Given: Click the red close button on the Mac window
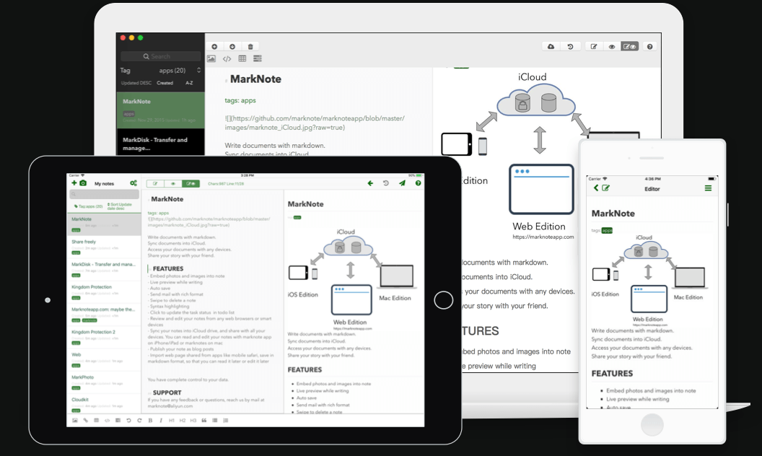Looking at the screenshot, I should (x=123, y=38).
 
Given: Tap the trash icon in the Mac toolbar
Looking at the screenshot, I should (x=250, y=46).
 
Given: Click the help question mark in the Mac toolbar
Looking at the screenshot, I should (x=649, y=46).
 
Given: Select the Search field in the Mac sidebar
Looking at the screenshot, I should (x=160, y=56).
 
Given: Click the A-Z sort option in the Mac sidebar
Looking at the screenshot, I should (x=189, y=83).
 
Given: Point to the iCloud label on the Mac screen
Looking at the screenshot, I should (x=532, y=77).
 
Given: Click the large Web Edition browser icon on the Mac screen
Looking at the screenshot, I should (x=541, y=189).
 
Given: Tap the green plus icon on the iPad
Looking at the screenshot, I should (x=74, y=184).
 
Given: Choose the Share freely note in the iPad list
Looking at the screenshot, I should (x=84, y=242).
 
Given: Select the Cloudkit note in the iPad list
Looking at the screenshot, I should (x=80, y=399).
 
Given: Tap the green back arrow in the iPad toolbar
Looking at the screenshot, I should (x=370, y=183).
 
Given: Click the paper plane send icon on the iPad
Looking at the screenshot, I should (x=402, y=183).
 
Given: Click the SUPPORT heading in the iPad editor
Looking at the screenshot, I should (x=167, y=393).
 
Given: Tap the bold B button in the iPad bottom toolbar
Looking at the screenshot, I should (x=150, y=420).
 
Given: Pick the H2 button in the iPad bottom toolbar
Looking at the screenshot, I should (x=183, y=420).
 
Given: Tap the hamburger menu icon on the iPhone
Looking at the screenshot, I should (x=708, y=188).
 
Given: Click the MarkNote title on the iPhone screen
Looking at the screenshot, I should (x=613, y=214).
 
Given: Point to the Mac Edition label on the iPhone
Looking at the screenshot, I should (x=688, y=297).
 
